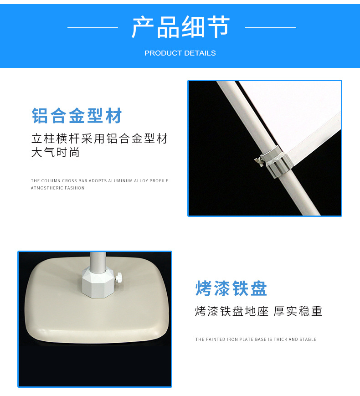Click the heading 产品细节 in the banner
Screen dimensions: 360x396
(180, 27)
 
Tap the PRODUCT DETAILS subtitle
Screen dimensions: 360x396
(180, 53)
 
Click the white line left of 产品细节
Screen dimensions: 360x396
(93, 27)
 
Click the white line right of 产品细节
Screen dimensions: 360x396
(270, 27)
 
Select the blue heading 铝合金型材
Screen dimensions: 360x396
(77, 116)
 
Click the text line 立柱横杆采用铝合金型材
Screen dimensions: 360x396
(99, 139)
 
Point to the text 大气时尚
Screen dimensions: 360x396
(55, 152)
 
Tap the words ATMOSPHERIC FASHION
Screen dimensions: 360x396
(57, 188)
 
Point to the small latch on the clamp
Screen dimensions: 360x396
(259, 161)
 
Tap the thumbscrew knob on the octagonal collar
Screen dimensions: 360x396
(118, 278)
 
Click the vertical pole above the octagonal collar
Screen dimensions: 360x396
(98, 262)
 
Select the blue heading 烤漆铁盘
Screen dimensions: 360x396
(231, 288)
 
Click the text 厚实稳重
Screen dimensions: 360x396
(298, 311)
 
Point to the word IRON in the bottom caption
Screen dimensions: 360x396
(232, 339)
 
